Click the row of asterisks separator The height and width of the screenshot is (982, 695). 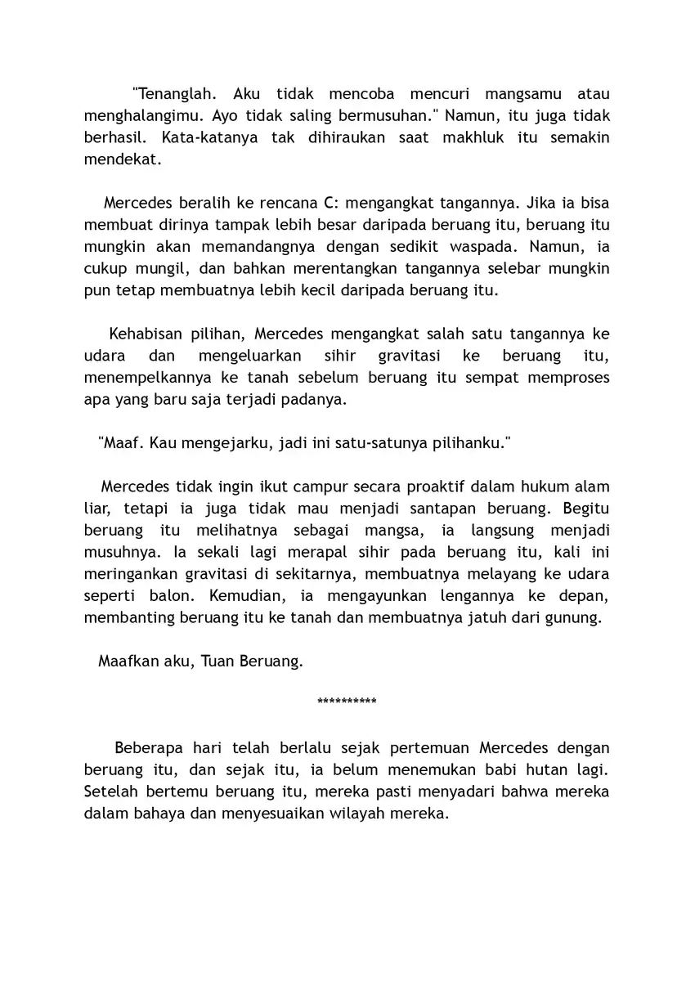(347, 702)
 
